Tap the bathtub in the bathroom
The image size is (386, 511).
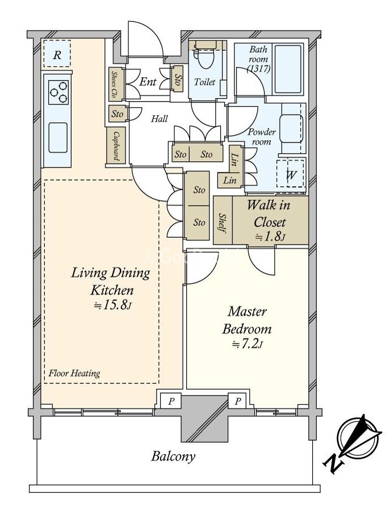click(x=288, y=69)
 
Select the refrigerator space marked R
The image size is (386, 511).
click(x=57, y=54)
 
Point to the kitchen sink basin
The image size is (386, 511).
click(x=58, y=137)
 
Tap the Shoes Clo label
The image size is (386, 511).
click(x=114, y=85)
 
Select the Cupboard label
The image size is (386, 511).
click(x=116, y=145)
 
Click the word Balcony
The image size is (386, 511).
click(x=173, y=456)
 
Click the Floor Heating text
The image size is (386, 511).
click(x=74, y=373)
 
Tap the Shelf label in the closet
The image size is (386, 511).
click(x=223, y=223)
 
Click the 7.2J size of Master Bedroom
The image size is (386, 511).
click(x=247, y=344)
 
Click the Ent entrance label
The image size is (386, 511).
click(x=148, y=81)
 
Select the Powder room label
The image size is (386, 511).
click(x=262, y=137)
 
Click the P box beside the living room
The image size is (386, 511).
click(x=171, y=401)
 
